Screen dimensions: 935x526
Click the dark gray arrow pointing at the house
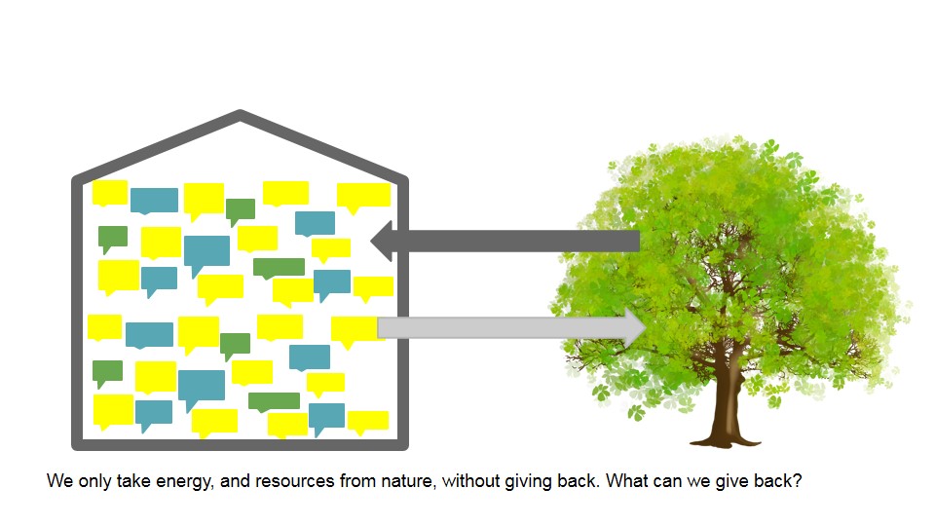tap(505, 241)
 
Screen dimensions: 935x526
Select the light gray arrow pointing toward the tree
tap(511, 327)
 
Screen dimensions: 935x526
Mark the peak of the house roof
tap(240, 113)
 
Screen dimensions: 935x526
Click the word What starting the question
tap(627, 480)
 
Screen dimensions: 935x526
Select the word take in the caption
tap(133, 480)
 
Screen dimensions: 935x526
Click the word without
tap(470, 480)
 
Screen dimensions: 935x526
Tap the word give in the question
tap(732, 481)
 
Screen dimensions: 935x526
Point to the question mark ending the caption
tap(798, 480)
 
